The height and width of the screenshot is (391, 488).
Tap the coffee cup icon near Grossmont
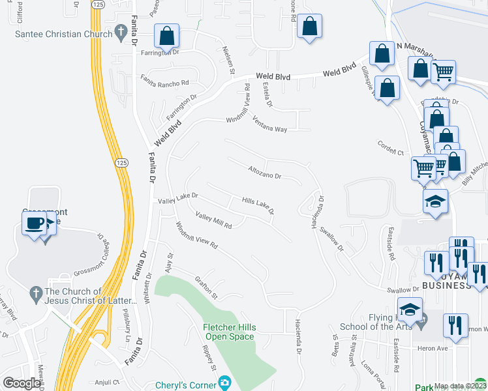[34, 223]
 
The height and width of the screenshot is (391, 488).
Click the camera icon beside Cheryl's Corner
[225, 382]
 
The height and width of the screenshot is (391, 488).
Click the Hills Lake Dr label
[258, 206]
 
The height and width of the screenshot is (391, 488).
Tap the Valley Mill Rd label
[213, 222]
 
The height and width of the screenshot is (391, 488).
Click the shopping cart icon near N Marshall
[444, 71]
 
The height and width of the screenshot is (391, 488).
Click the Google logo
[22, 384]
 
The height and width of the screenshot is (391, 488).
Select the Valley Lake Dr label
[177, 199]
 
